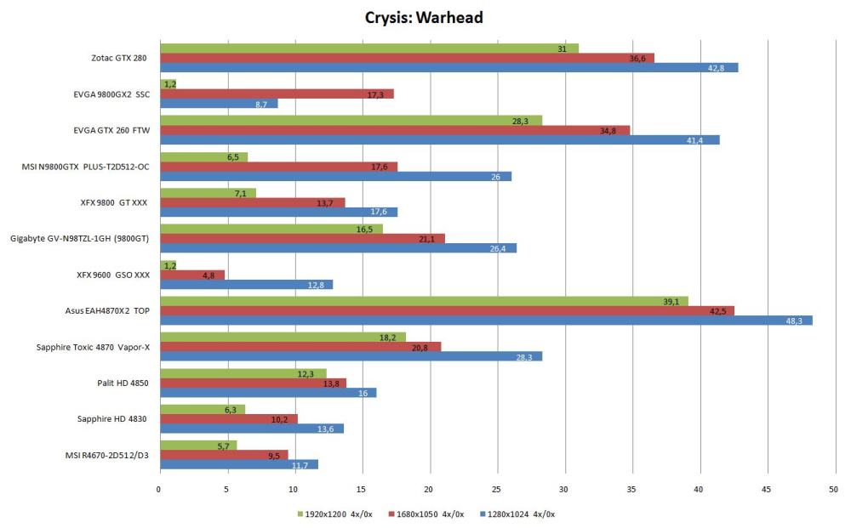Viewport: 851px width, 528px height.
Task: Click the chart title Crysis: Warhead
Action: point(424,17)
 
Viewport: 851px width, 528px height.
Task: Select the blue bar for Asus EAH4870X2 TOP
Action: point(485,320)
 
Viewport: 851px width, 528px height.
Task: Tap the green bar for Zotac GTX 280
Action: point(368,48)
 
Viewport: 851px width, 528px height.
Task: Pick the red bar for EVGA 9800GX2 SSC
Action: point(276,94)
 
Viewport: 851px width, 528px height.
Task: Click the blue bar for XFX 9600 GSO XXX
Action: point(245,284)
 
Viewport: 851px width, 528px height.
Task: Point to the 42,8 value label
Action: point(726,67)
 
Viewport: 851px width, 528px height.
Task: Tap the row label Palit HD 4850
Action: point(123,383)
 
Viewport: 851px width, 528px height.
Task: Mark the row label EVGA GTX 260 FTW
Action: point(111,130)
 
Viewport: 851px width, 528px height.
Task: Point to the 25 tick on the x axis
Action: point(497,489)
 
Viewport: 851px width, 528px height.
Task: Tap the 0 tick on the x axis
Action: point(159,489)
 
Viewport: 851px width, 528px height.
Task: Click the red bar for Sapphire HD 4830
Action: point(228,418)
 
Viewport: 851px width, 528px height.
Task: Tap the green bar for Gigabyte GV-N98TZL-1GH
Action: point(271,229)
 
